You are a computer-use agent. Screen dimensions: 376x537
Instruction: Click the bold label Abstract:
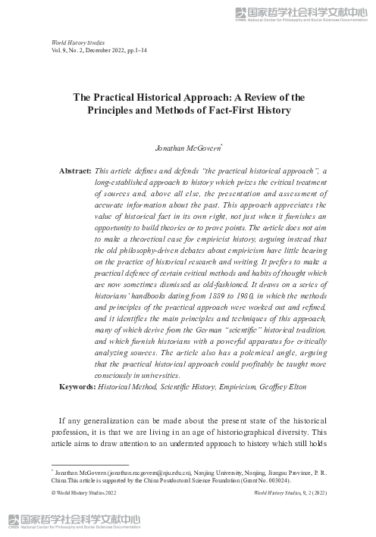click(76, 172)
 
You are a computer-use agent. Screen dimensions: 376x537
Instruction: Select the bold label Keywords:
click(77, 387)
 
